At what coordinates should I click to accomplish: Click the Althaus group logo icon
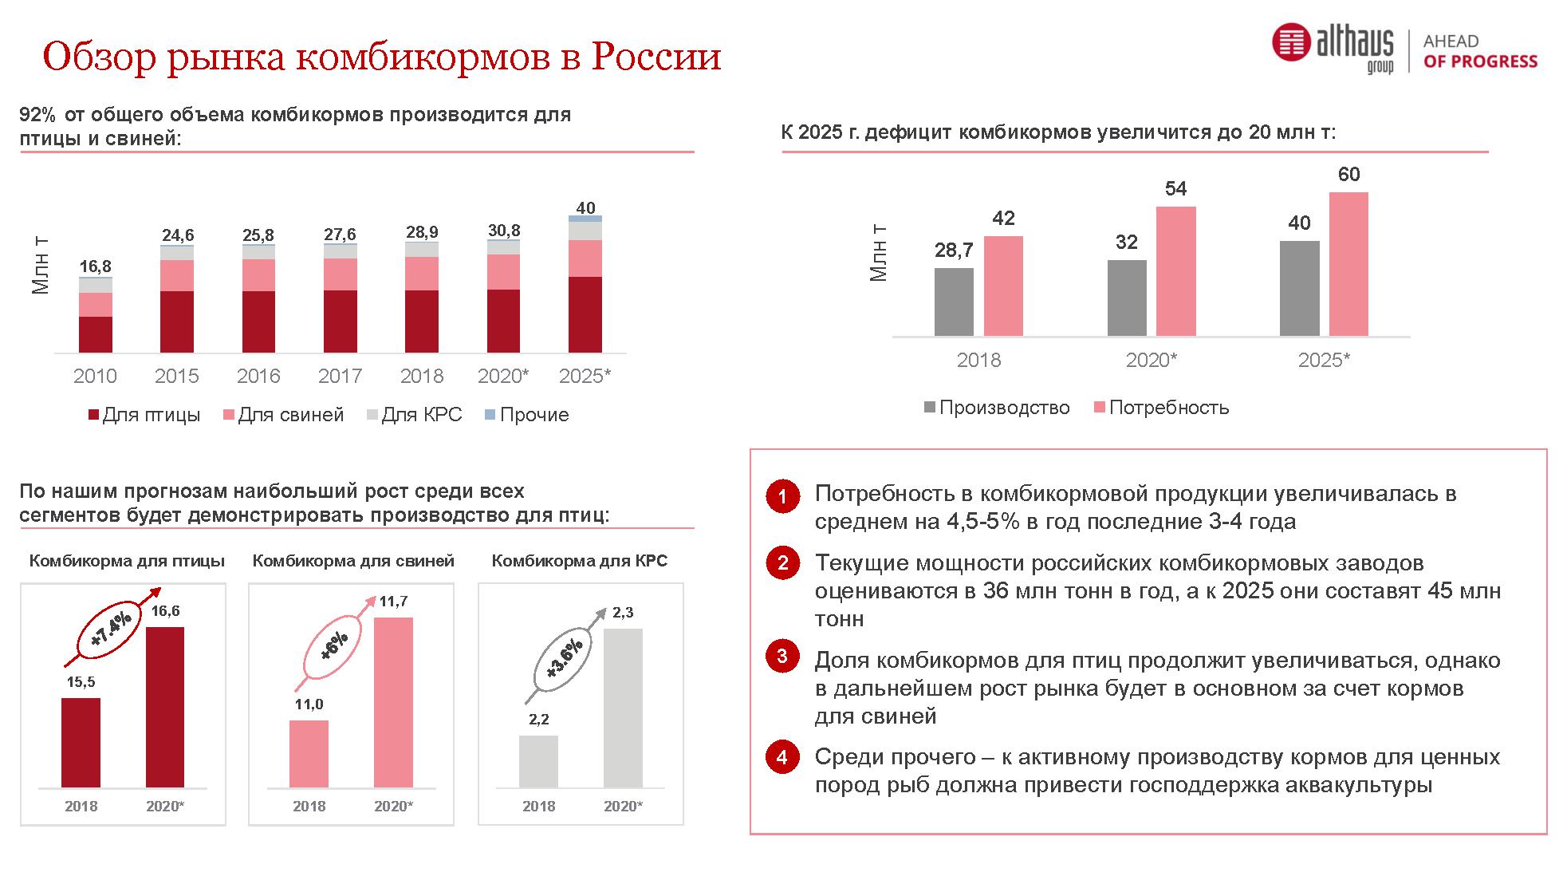pos(1291,42)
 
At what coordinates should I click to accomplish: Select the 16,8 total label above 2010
pos(95,266)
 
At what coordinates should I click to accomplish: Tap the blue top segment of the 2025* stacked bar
pos(585,219)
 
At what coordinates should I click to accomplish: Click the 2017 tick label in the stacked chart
pos(340,376)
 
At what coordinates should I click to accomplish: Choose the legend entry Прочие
pos(526,415)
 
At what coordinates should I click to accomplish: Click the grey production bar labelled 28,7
pos(954,302)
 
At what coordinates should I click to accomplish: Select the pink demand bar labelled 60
pos(1348,263)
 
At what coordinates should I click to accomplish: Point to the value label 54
pos(1175,189)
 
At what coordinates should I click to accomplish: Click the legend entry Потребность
pos(1161,408)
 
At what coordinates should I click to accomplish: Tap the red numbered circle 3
pos(782,657)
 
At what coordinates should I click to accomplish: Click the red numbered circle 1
pos(782,496)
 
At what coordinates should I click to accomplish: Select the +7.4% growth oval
pos(112,630)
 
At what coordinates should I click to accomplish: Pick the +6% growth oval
pos(335,645)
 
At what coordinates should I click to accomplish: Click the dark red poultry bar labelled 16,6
pos(165,707)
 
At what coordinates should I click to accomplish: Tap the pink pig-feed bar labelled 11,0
pos(309,754)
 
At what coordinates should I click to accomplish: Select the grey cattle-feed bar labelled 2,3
pos(623,708)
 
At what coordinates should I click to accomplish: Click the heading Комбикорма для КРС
pos(579,561)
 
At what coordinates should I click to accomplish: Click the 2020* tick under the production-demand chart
pos(1151,361)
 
